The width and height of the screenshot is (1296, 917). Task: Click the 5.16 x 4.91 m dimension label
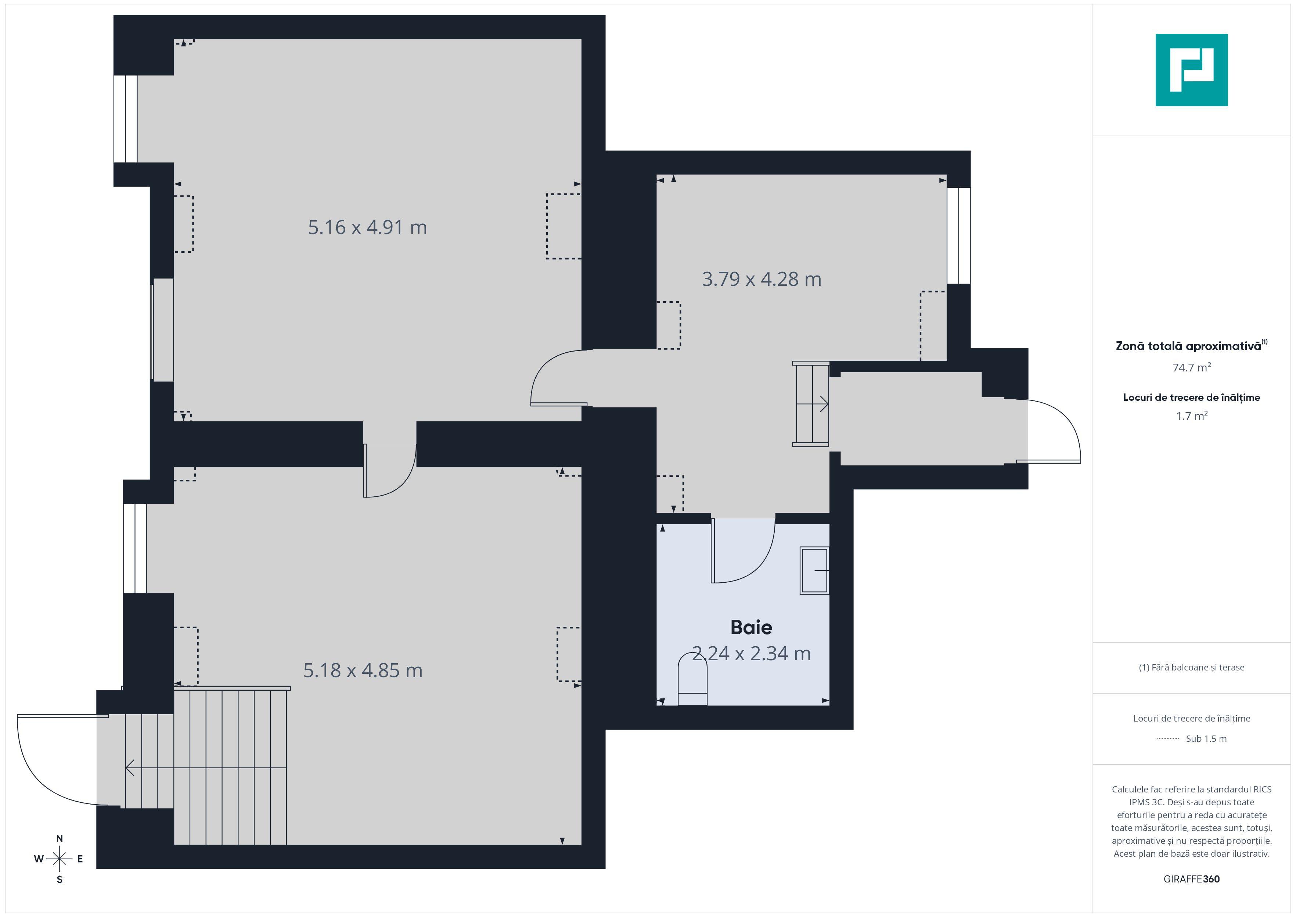[x=367, y=227]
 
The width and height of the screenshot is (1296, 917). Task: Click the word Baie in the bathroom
[x=751, y=627]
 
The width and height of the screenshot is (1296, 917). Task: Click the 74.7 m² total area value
[x=1191, y=368]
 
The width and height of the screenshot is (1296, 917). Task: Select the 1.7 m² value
[x=1191, y=416]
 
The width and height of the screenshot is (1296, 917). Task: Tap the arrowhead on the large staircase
[x=130, y=768]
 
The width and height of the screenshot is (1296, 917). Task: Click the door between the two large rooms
[x=389, y=471]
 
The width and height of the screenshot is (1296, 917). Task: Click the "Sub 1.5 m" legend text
[x=1206, y=738]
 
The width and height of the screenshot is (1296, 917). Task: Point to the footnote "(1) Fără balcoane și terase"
[x=1191, y=668]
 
